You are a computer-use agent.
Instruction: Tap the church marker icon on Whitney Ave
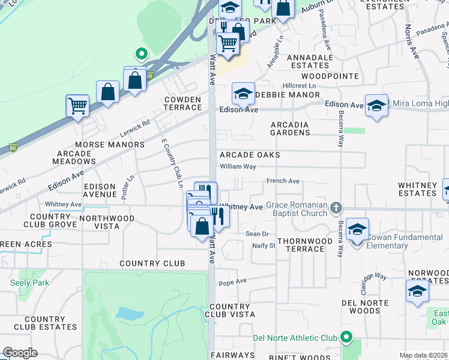[x=336, y=208]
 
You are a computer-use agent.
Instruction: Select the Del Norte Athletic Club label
[x=295, y=338]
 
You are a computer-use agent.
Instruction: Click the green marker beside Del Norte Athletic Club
[x=346, y=338]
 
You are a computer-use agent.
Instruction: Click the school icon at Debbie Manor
[x=243, y=94]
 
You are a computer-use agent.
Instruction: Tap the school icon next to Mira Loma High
[x=376, y=106]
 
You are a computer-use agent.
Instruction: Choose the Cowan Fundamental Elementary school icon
[x=357, y=230]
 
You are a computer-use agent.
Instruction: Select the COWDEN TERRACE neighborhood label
[x=182, y=103]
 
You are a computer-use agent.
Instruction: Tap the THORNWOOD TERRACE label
[x=304, y=245]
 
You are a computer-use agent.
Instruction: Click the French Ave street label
[x=283, y=181]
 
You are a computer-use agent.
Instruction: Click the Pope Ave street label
[x=233, y=281]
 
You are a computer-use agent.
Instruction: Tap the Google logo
[x=20, y=353]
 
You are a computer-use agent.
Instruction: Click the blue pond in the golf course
[x=128, y=313]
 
